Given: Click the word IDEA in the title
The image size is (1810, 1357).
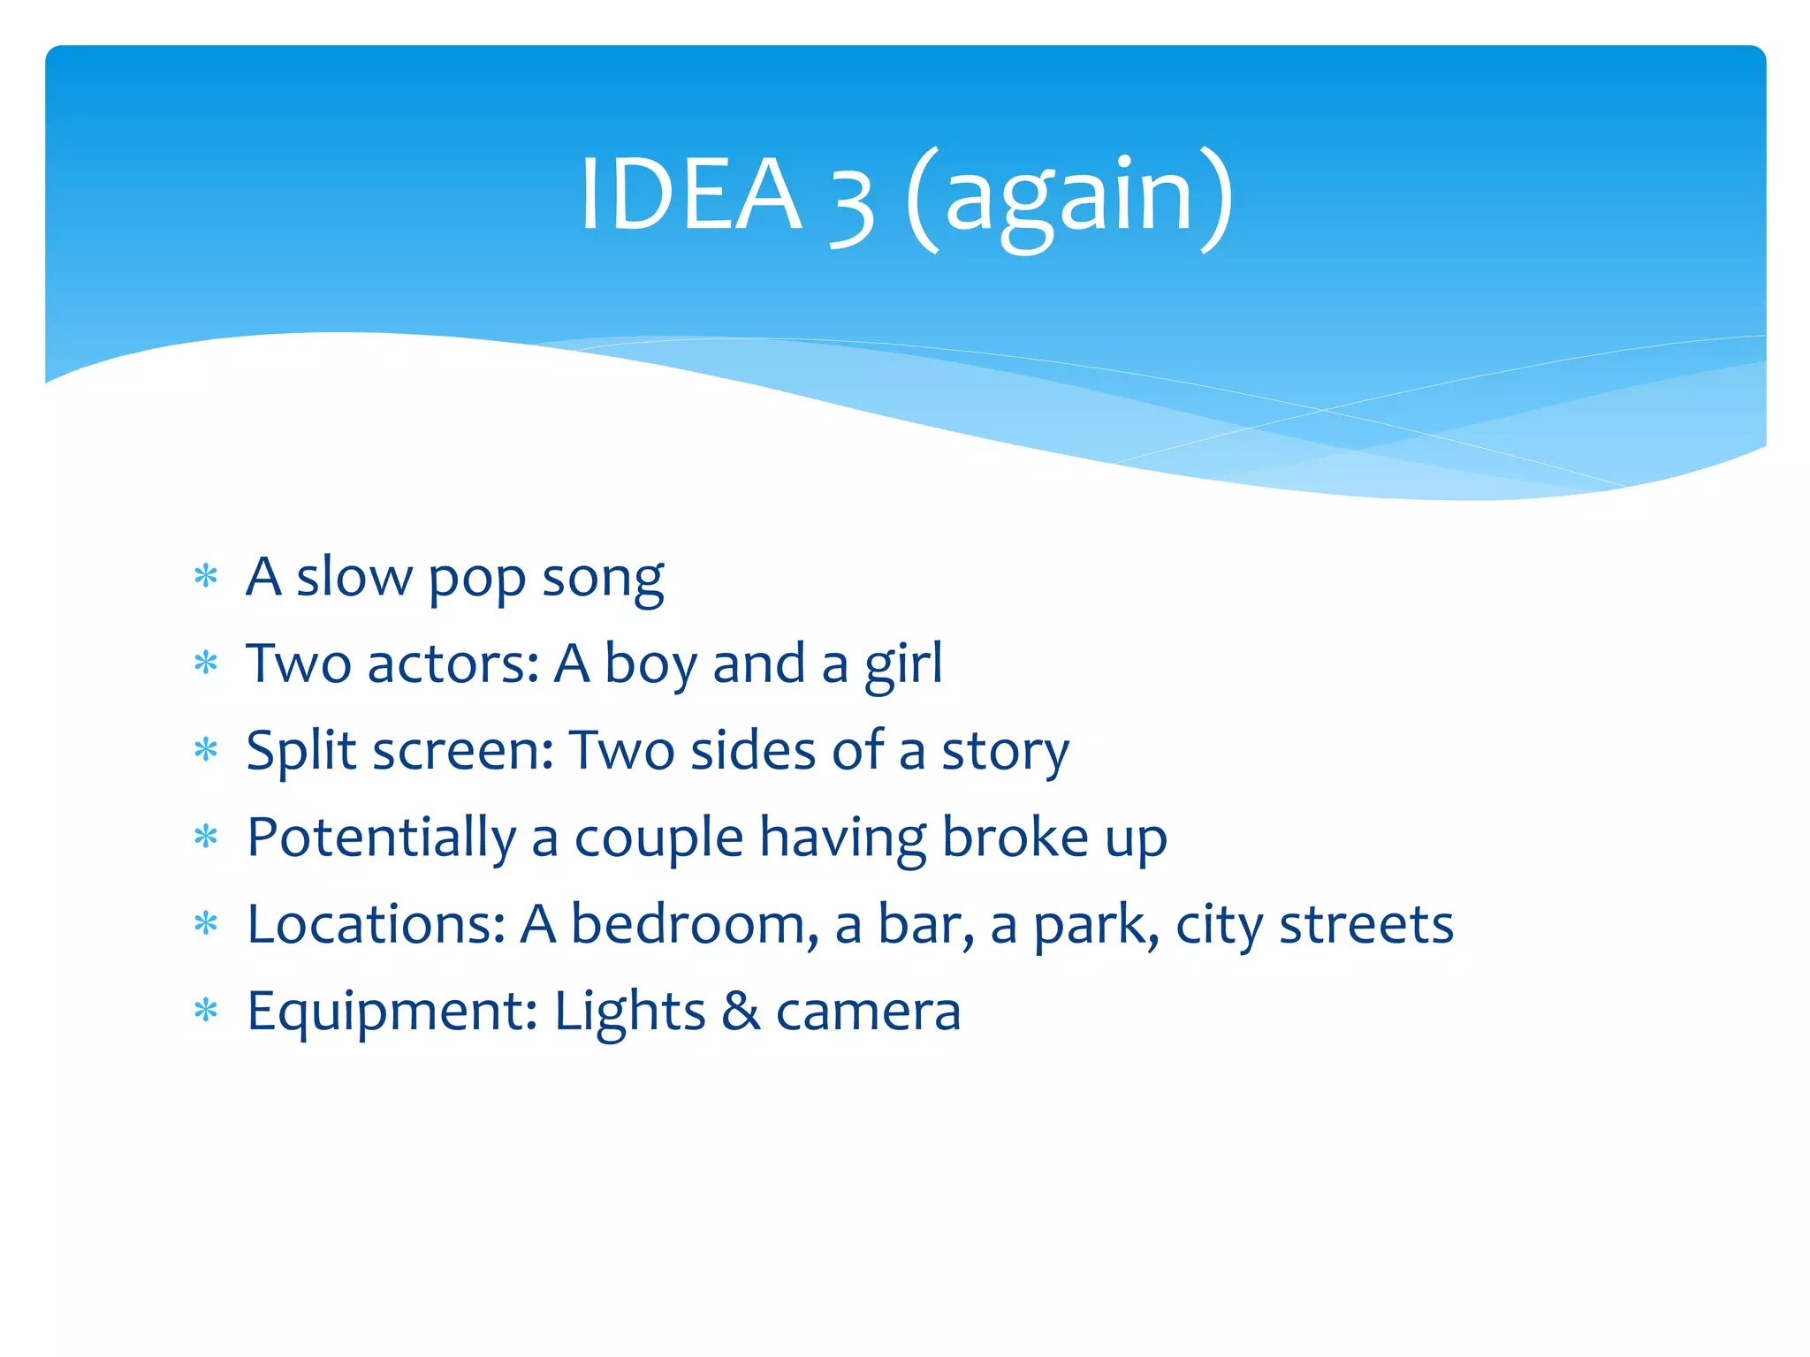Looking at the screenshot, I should pos(690,194).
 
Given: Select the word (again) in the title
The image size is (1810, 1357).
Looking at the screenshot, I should pos(1069,199).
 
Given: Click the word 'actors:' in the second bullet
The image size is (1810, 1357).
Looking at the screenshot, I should pos(453,664).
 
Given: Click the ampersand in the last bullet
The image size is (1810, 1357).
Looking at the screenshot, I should pos(741,1012).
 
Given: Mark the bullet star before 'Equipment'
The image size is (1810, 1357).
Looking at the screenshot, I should pos(206,1011).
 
